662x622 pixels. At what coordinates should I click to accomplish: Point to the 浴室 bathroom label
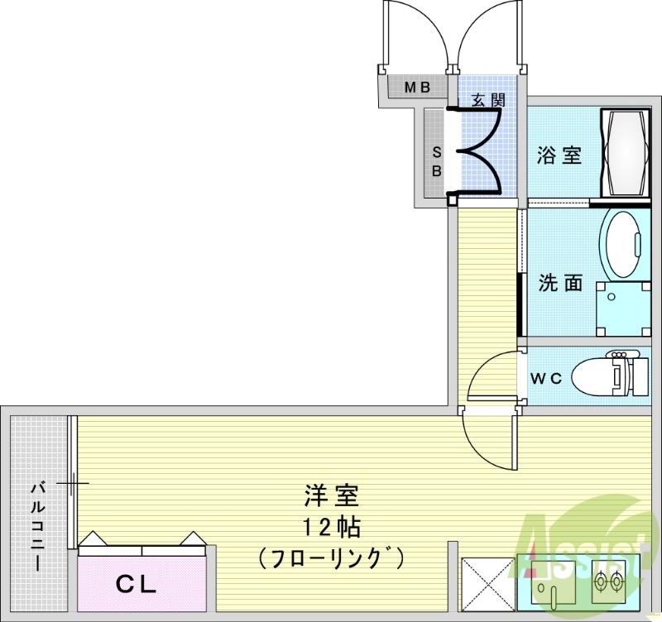pos(559,155)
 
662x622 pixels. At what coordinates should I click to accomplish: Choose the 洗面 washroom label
pos(560,283)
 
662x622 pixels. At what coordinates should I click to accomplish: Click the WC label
pos(547,379)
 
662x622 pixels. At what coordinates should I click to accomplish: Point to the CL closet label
pos(136,586)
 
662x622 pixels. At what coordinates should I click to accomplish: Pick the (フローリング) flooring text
pos(330,558)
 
